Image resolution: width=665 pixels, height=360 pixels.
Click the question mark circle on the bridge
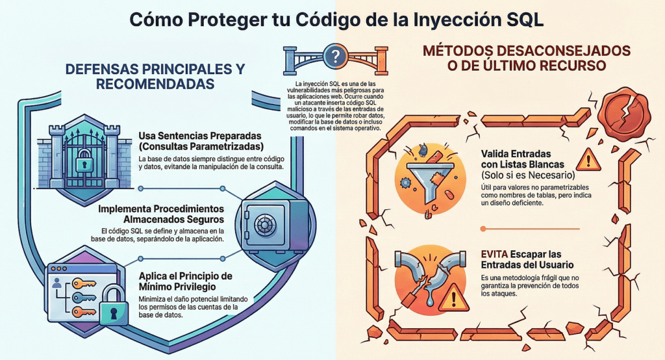335,56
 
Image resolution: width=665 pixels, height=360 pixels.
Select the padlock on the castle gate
84,161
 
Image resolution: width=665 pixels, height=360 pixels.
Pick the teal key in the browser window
84,297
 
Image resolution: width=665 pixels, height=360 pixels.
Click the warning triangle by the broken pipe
454,298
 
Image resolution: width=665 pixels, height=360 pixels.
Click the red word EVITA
494,254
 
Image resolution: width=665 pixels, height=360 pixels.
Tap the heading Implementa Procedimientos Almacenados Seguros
161,214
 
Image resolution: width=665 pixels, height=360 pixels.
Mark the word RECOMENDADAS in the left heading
155,84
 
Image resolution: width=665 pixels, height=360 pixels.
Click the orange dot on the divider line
483,229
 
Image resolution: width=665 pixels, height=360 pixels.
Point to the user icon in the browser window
57,283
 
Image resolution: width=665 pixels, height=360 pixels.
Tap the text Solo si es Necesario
528,175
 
